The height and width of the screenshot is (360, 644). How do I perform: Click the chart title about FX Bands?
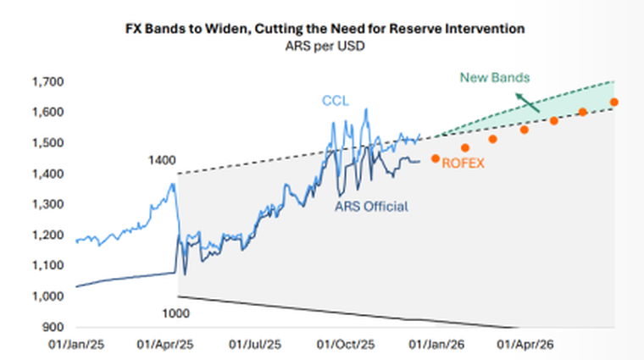pyautogui.click(x=321, y=29)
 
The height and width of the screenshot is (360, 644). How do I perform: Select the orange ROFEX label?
pyautogui.click(x=463, y=163)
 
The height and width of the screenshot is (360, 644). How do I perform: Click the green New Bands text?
pyautogui.click(x=495, y=78)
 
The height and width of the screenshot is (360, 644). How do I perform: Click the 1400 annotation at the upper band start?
pyautogui.click(x=161, y=160)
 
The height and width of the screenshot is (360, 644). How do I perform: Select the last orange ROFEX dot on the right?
pyautogui.click(x=613, y=102)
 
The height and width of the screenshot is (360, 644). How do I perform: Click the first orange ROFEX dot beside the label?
pyautogui.click(x=436, y=158)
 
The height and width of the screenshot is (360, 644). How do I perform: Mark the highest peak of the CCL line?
pyautogui.click(x=366, y=108)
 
